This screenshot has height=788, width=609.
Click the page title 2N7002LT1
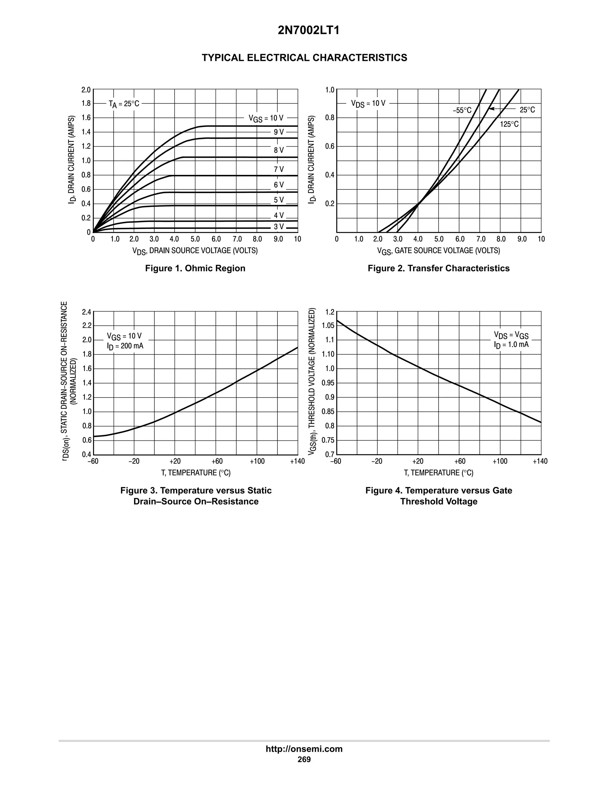click(x=308, y=31)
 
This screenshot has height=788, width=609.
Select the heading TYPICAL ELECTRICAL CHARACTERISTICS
click(x=304, y=58)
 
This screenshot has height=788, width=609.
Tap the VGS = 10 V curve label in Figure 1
click(x=266, y=118)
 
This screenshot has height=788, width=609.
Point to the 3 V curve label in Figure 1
click(x=279, y=227)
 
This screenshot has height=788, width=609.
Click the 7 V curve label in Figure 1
click(x=279, y=169)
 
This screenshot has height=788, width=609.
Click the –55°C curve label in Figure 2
click(x=462, y=110)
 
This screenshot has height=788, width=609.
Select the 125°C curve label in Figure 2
click(x=509, y=124)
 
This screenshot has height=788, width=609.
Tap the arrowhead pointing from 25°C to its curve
click(x=491, y=109)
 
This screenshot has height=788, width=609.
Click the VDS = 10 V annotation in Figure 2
click(x=368, y=103)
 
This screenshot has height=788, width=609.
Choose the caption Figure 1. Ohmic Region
click(x=195, y=268)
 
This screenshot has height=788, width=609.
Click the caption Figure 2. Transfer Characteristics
click(x=438, y=268)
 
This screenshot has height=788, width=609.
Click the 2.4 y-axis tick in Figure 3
click(x=86, y=312)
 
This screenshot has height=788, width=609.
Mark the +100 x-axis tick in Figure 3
click(x=257, y=462)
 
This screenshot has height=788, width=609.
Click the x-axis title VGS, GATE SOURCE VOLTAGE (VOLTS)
click(x=438, y=251)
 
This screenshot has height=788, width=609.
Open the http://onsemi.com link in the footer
click(x=304, y=749)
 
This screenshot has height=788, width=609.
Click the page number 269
click(x=304, y=759)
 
